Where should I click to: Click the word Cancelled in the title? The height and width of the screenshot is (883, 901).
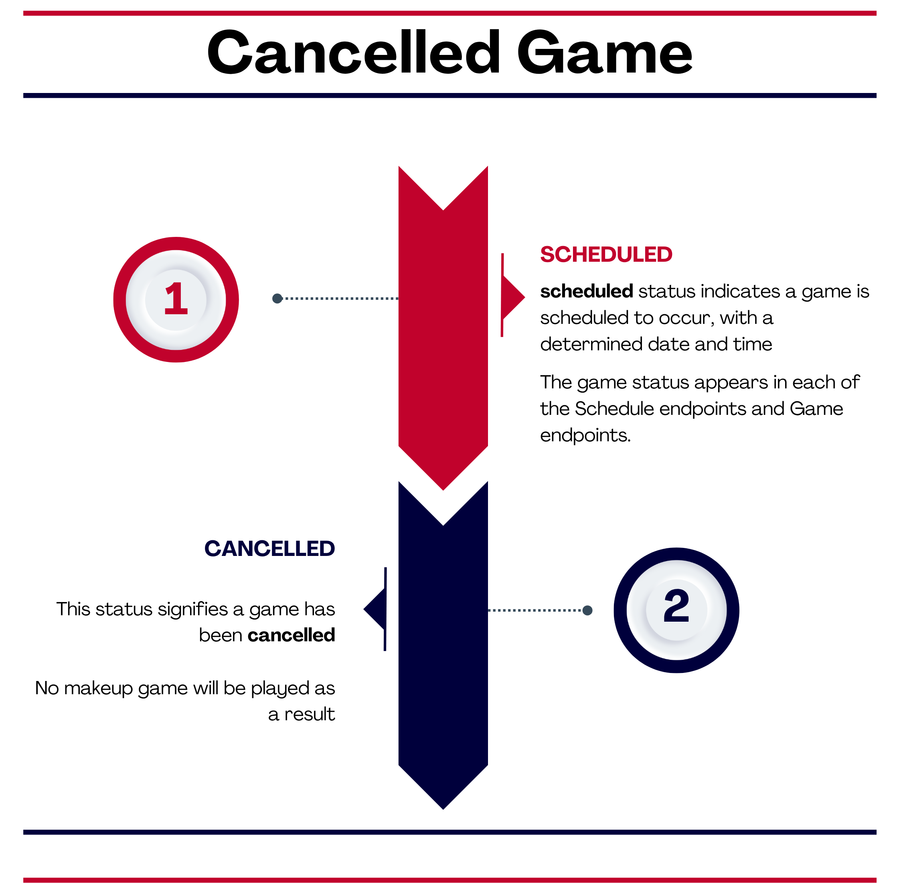pyautogui.click(x=354, y=52)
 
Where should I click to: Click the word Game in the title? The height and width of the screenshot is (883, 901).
pyautogui.click(x=605, y=52)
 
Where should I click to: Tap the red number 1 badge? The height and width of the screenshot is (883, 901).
pyautogui.click(x=176, y=299)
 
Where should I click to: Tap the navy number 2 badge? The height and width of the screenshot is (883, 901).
pyautogui.click(x=676, y=610)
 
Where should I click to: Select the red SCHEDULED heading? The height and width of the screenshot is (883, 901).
pyautogui.click(x=606, y=255)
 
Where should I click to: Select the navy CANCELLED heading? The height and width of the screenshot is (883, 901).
pyautogui.click(x=269, y=549)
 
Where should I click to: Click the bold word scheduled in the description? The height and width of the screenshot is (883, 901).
pyautogui.click(x=587, y=292)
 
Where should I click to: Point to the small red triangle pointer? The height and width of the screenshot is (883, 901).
pyautogui.click(x=513, y=297)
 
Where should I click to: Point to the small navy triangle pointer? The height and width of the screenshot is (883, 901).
pyautogui.click(x=375, y=609)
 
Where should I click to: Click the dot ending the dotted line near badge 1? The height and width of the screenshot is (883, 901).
pyautogui.click(x=277, y=298)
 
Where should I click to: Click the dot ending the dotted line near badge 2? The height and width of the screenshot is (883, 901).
pyautogui.click(x=587, y=610)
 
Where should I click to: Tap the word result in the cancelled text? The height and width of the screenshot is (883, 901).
pyautogui.click(x=310, y=715)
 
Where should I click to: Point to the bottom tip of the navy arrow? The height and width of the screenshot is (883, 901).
pyautogui.click(x=443, y=809)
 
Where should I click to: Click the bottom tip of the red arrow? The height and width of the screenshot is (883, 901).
pyautogui.click(x=443, y=490)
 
